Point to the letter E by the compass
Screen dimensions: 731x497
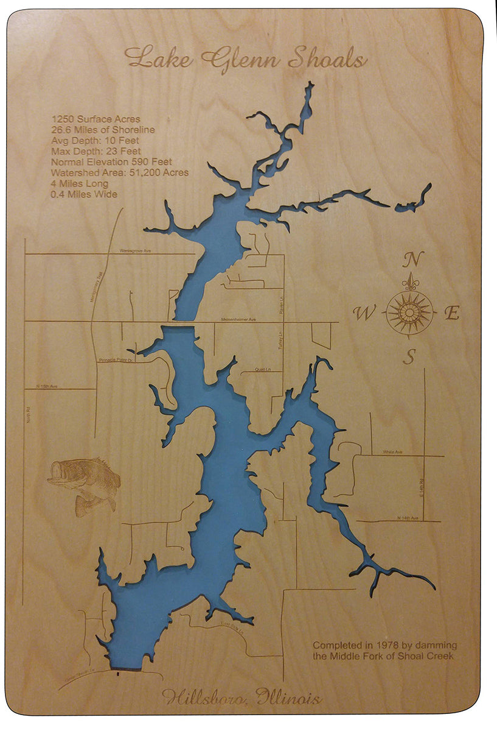[452, 314]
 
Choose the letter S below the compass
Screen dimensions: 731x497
[410, 356]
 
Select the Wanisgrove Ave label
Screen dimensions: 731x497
[134, 250]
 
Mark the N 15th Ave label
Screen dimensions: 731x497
[46, 386]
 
